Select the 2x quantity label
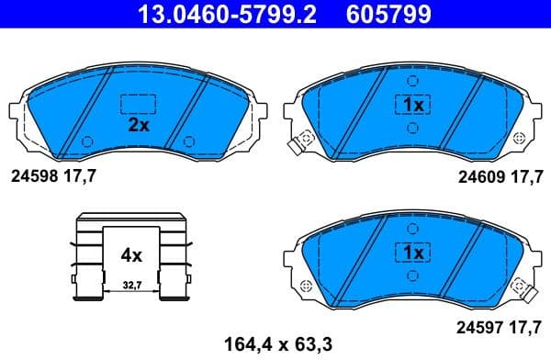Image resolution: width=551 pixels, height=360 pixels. [139, 127]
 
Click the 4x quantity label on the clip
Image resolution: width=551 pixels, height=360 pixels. [131, 254]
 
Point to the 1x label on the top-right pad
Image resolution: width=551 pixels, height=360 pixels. [411, 106]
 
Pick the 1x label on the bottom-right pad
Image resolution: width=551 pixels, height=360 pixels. [411, 252]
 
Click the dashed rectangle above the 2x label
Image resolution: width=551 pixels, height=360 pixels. [139, 103]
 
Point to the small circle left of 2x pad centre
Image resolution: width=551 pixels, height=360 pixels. [87, 141]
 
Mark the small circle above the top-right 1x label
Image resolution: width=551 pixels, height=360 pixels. [411, 81]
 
